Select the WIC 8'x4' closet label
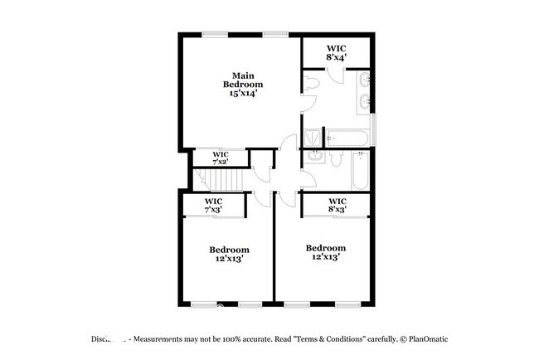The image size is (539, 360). (335, 53)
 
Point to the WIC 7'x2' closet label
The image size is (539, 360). (220, 158)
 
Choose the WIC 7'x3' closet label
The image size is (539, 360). (214, 205)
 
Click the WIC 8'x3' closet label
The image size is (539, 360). (337, 205)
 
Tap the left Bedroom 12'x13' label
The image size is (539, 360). (229, 254)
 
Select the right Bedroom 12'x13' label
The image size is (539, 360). (325, 252)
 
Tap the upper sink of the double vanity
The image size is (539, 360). (365, 80)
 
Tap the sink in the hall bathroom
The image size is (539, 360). (316, 156)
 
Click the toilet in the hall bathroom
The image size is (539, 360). (337, 158)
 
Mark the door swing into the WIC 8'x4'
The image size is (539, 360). (335, 73)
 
